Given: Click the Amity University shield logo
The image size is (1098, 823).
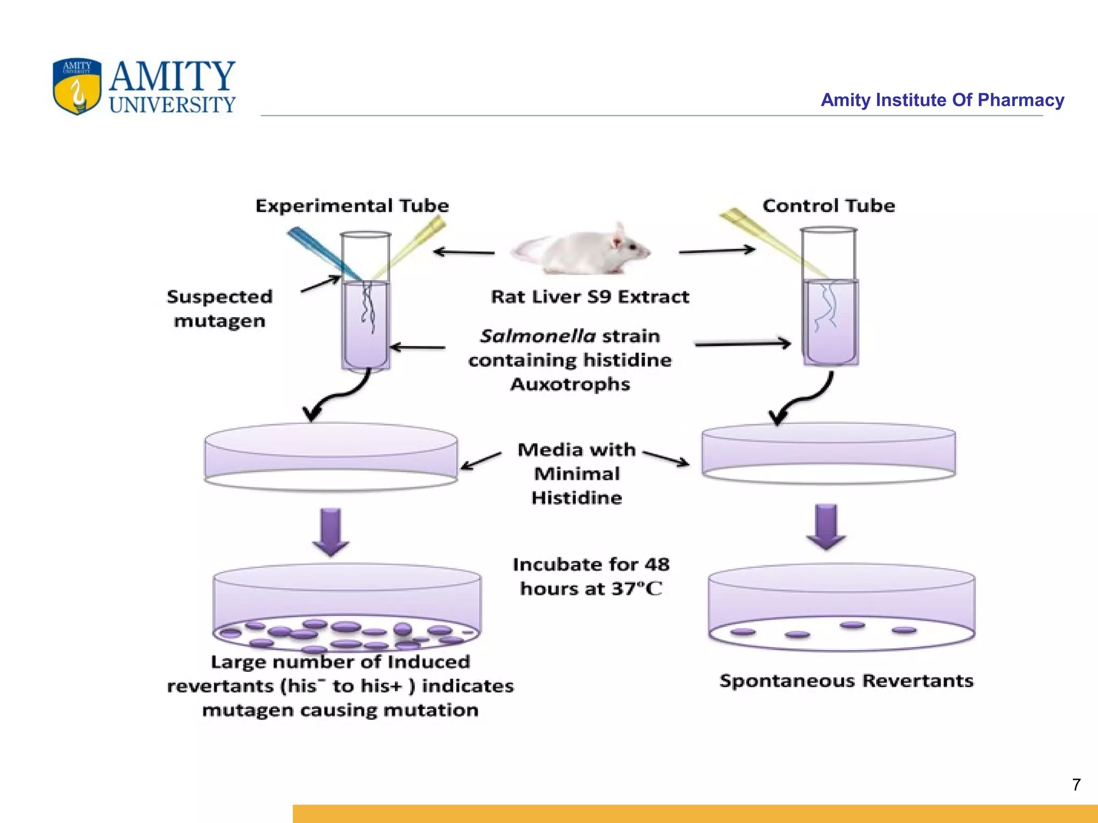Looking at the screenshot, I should click(x=77, y=86).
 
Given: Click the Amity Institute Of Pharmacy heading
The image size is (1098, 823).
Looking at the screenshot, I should click(x=942, y=100).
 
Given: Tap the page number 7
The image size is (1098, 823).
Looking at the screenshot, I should click(x=1076, y=784).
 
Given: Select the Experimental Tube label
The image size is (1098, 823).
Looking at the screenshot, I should click(x=352, y=206).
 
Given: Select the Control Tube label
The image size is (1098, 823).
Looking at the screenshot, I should click(x=828, y=206).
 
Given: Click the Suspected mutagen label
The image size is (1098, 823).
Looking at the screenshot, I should click(x=219, y=309).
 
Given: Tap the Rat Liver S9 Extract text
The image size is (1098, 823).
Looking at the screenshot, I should click(x=590, y=297).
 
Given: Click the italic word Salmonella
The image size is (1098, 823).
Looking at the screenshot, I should click(x=538, y=336).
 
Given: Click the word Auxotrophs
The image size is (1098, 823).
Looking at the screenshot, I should click(x=570, y=384).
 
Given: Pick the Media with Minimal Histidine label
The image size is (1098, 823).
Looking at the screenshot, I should click(x=576, y=474).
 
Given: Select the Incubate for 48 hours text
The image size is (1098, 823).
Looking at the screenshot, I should click(x=591, y=577).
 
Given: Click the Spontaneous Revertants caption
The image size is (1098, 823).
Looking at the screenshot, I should click(x=846, y=681).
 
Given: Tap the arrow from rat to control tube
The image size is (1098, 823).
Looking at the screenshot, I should click(x=716, y=250).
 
